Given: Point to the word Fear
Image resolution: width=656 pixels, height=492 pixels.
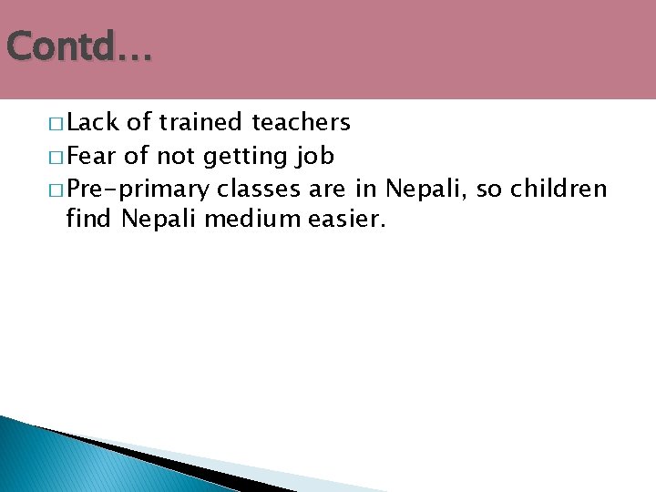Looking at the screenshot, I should click(x=92, y=156).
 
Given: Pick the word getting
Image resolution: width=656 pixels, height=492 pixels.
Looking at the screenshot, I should click(x=245, y=157).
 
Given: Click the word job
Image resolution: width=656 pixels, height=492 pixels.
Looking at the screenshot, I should click(x=315, y=157).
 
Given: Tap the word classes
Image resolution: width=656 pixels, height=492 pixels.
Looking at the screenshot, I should click(x=257, y=190).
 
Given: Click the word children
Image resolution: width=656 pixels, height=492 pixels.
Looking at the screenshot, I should click(x=559, y=190).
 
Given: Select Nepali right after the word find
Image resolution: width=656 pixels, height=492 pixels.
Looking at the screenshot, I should click(x=150, y=220).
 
